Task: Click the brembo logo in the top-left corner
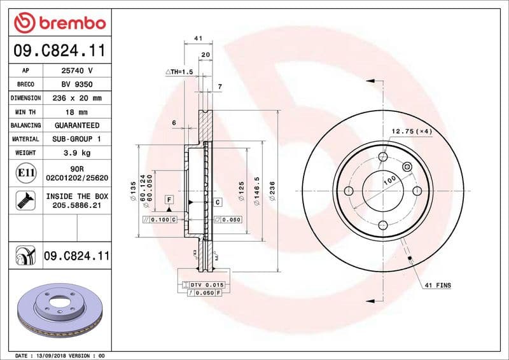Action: tap(59, 24)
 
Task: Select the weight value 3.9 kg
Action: tap(76, 153)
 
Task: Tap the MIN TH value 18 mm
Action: tap(76, 111)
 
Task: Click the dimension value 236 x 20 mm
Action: tap(76, 98)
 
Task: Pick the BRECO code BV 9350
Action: tap(76, 84)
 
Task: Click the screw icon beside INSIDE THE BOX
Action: tap(25, 201)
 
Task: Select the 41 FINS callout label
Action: tap(437, 286)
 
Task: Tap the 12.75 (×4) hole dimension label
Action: tap(411, 131)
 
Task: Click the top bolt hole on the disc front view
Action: tap(382, 157)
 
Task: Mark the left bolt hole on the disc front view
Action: tap(348, 191)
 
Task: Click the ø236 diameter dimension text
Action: tap(272, 191)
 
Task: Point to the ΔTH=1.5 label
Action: tap(179, 73)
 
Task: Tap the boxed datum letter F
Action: tap(169, 200)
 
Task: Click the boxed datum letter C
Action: tap(217, 202)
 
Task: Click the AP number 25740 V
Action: tap(76, 71)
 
